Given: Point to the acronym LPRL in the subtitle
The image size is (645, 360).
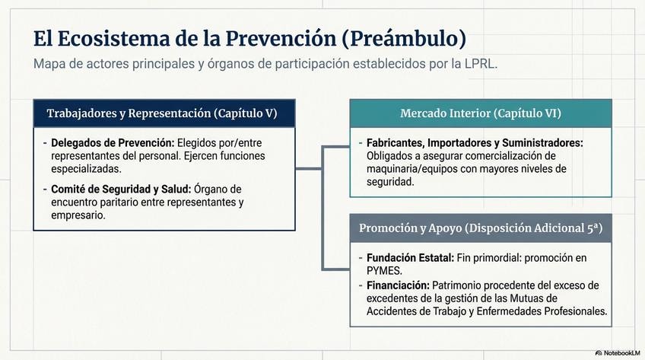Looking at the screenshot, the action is pos(478,64).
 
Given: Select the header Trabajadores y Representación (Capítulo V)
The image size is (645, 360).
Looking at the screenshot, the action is pos(161,113).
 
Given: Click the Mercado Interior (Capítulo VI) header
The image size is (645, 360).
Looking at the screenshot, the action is pos(480,113).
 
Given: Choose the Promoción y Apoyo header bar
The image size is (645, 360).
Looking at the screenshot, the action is pos(480,228).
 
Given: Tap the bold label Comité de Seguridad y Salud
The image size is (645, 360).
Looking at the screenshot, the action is pos(121,189).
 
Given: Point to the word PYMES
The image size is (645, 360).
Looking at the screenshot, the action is pos(383,270).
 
